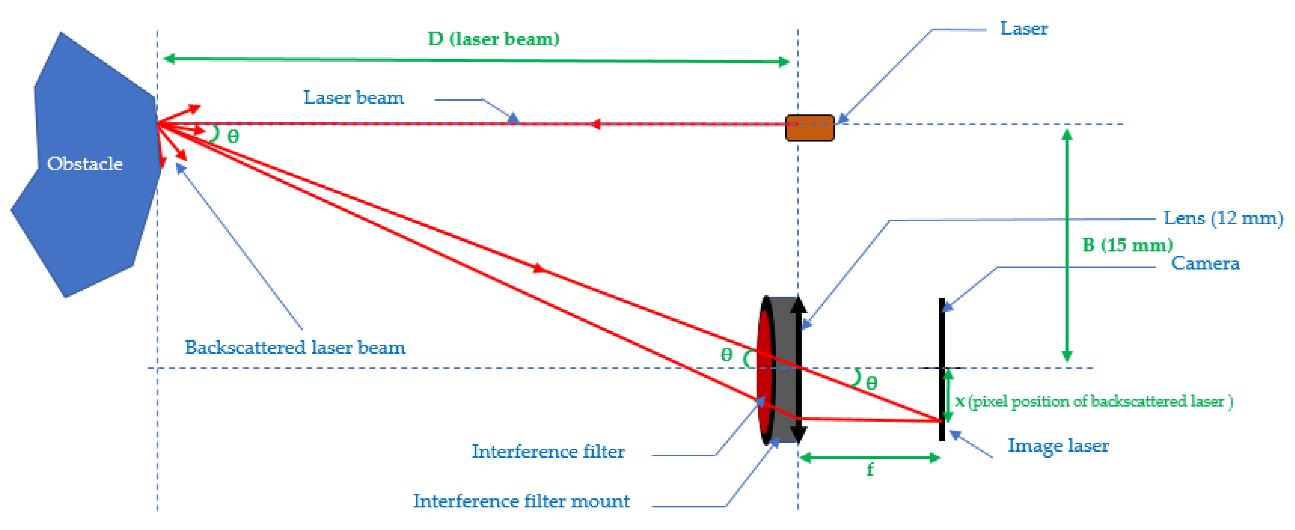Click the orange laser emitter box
(809, 128)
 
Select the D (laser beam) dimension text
(493, 39)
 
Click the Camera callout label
(1205, 263)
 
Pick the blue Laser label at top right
(1023, 29)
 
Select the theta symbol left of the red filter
(726, 355)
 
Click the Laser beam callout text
(353, 98)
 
